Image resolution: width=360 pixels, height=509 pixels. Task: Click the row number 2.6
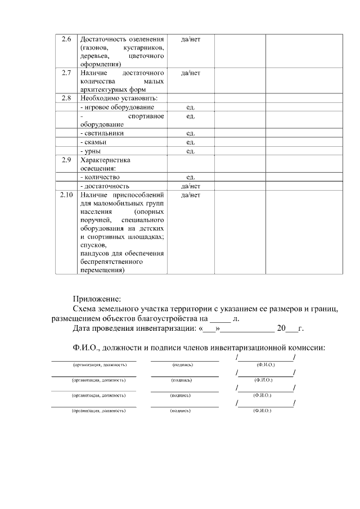[x=66, y=39]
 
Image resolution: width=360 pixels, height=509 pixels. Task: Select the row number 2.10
[x=66, y=195]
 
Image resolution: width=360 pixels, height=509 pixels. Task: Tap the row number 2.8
[x=66, y=98]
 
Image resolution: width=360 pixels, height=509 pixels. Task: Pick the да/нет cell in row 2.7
[x=190, y=73]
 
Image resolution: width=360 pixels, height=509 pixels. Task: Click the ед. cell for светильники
[x=190, y=133]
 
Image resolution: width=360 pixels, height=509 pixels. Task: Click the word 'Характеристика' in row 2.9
[x=105, y=160]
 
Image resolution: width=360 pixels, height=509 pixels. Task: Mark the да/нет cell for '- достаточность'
[x=190, y=186]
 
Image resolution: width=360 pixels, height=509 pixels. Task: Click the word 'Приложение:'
[x=97, y=299]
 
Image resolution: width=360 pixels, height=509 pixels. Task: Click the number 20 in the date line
[x=282, y=328]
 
